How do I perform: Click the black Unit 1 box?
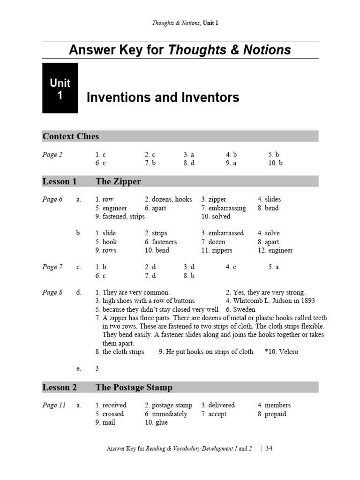point(60,88)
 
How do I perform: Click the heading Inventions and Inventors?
point(163,97)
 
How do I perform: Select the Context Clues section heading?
point(71,136)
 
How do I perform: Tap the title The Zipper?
point(118,181)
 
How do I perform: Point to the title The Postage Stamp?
point(134,388)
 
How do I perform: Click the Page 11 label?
point(54,405)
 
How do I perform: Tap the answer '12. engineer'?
point(275,250)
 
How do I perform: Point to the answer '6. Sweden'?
point(240,310)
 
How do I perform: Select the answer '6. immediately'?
point(166,414)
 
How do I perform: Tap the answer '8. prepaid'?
point(272,414)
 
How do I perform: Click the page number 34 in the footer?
point(269,449)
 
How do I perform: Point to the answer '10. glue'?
point(156,423)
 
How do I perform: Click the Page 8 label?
point(52,292)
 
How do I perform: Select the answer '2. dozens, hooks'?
point(168,199)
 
